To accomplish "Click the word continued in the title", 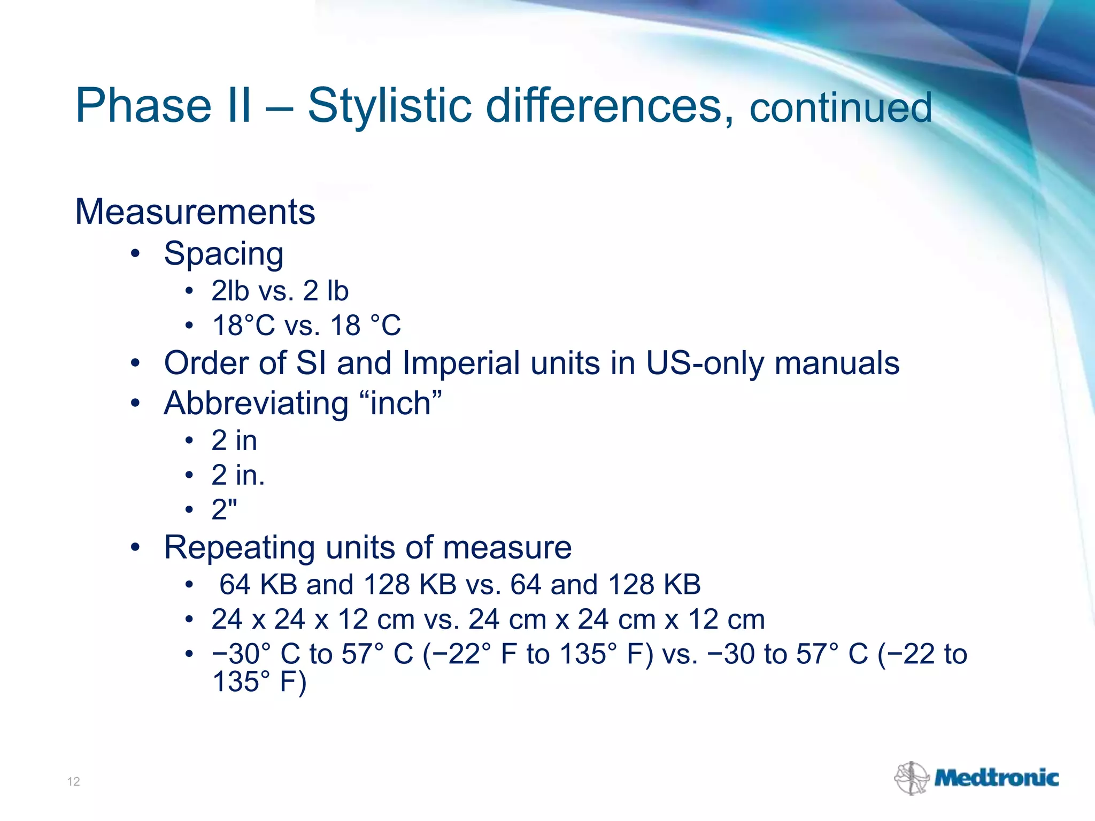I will [x=840, y=108].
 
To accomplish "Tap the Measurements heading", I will [x=195, y=212].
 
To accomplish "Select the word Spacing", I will [x=223, y=253].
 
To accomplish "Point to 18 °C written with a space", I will [x=366, y=326].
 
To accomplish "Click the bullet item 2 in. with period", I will [x=238, y=475].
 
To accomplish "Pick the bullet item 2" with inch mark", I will [x=224, y=509].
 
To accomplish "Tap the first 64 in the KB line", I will [x=235, y=584].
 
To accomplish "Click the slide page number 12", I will [x=73, y=781].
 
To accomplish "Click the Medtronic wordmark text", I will [x=996, y=778].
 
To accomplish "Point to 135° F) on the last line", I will [x=259, y=682].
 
